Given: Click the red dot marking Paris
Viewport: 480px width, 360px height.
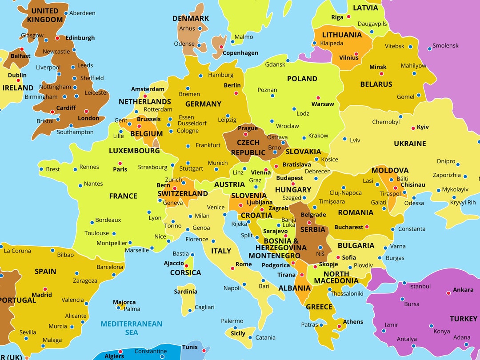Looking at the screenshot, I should (x=120, y=163).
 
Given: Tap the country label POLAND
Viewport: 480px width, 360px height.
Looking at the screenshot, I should (x=302, y=79).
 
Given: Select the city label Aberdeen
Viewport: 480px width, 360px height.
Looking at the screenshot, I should (x=82, y=13).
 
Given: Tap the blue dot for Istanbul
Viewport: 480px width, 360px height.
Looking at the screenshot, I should (x=404, y=283).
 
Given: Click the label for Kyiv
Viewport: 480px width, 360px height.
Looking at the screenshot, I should (x=423, y=127).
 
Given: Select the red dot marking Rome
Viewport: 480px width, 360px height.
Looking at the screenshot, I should (x=232, y=268).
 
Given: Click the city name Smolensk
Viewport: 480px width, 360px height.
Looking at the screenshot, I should (x=445, y=45).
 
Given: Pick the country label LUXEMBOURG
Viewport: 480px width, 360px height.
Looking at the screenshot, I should (x=134, y=151).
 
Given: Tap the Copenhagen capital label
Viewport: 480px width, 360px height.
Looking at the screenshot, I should (x=240, y=53).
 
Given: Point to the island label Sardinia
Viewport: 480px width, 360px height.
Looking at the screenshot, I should (x=185, y=292).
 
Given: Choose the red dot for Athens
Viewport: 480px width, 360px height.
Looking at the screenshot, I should (x=339, y=327).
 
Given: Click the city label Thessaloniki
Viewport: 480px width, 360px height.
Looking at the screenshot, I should (x=347, y=293).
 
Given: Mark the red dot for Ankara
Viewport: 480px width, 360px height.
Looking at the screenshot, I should (x=448, y=293).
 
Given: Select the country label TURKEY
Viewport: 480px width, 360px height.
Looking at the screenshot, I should (x=463, y=319).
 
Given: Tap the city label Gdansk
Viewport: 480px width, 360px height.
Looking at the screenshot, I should (x=275, y=64).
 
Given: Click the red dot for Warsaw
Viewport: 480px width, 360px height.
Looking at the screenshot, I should (x=318, y=98).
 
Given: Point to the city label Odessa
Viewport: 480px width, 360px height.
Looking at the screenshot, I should (x=414, y=203).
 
